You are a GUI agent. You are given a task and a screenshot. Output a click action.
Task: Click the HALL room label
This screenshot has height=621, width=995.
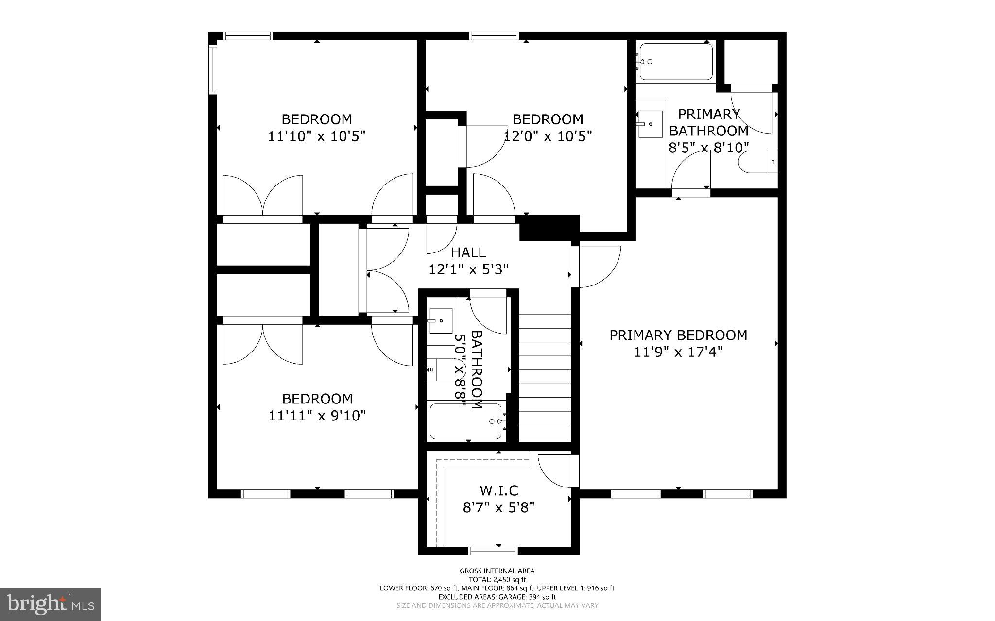click(x=468, y=252)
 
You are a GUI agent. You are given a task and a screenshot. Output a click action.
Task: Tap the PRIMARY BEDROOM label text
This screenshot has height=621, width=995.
click(x=678, y=335)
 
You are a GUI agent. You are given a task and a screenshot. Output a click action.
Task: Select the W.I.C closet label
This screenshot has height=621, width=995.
click(x=498, y=490)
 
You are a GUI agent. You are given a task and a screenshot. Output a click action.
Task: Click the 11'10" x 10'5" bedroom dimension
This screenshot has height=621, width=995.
click(x=316, y=136)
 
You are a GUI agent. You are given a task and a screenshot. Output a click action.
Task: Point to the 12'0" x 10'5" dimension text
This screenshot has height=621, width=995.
click(x=548, y=136)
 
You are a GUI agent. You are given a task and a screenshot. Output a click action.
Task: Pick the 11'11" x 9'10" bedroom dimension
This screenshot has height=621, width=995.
click(x=317, y=416)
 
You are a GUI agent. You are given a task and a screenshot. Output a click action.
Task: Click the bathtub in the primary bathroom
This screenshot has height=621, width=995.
click(x=676, y=62)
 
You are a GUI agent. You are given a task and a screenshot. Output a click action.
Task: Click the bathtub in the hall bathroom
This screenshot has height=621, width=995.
click(x=466, y=421)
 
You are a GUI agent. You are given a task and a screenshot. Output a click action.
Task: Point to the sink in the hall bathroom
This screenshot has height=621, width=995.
click(x=440, y=320)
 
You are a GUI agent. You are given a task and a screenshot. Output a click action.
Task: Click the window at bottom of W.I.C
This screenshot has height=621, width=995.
click(x=493, y=551)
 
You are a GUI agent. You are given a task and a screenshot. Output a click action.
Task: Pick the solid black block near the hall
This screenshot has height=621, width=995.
click(x=549, y=228)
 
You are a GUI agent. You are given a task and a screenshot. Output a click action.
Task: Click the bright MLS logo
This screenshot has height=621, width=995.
click(x=51, y=604)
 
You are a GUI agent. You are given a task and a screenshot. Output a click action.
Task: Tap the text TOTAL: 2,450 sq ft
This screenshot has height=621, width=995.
click(x=497, y=579)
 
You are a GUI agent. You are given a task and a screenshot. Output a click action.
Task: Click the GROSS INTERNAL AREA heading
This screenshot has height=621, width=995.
click(x=497, y=571)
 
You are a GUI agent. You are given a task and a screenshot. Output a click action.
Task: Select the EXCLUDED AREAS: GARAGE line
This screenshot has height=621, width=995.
click(x=497, y=597)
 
